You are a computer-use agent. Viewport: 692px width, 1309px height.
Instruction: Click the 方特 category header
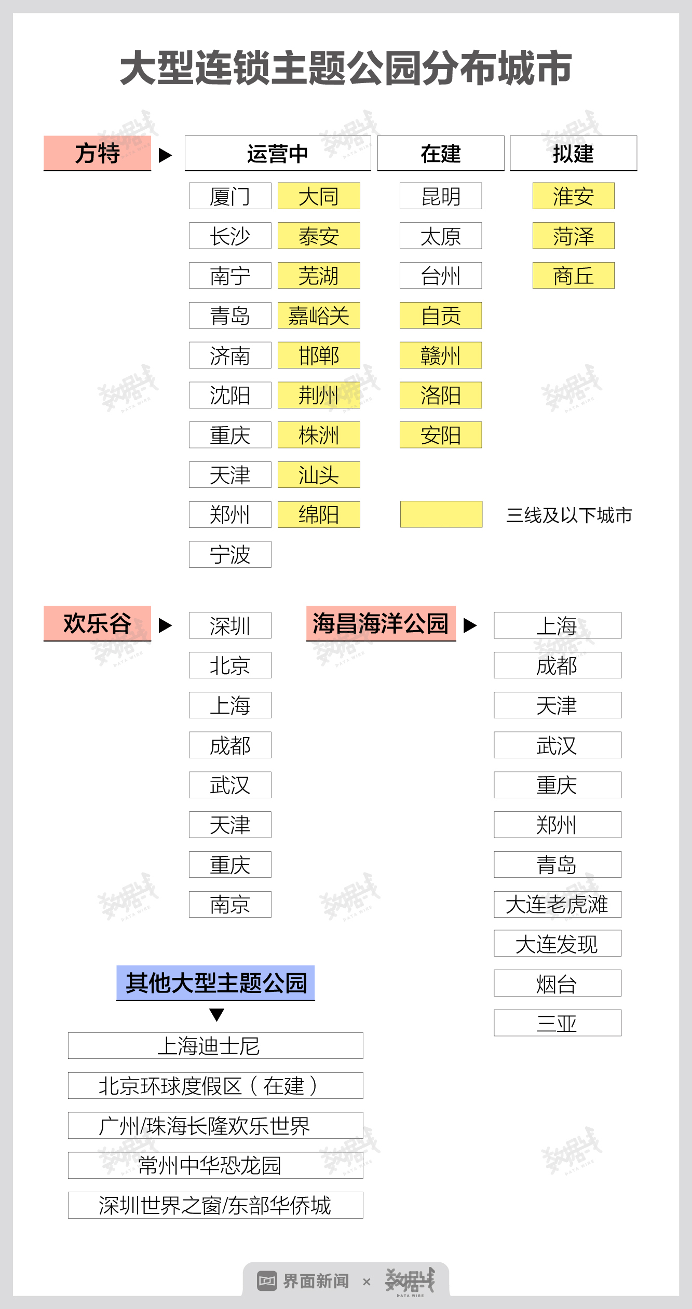click(x=97, y=153)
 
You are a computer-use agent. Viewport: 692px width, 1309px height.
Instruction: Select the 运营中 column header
click(x=278, y=153)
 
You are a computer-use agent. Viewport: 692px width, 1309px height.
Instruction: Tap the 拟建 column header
click(x=573, y=153)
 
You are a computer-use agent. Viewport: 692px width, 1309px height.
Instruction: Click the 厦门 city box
click(x=230, y=196)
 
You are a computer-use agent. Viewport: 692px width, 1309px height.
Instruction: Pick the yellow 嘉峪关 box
click(x=319, y=316)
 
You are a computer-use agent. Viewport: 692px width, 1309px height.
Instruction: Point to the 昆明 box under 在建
click(x=441, y=196)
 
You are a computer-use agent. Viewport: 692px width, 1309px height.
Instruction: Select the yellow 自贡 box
click(x=441, y=316)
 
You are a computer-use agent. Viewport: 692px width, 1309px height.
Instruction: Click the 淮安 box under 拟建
click(x=573, y=196)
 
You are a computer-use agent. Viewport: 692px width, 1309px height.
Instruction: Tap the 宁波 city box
click(x=230, y=554)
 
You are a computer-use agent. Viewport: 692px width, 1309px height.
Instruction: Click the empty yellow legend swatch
click(x=441, y=514)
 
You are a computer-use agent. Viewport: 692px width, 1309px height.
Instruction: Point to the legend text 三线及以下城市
click(x=569, y=515)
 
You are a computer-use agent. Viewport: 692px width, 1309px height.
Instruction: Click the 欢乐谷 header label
click(x=97, y=623)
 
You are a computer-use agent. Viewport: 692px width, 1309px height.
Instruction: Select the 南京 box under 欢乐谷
click(x=230, y=904)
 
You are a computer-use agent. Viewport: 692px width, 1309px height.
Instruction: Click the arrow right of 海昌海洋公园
click(x=470, y=625)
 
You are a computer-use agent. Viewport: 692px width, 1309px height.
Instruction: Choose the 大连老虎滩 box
click(x=558, y=904)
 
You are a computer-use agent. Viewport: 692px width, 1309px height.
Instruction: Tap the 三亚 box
click(x=558, y=1023)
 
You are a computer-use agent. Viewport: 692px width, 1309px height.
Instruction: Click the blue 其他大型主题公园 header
click(x=215, y=983)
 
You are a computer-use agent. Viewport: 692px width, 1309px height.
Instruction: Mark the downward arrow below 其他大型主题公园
click(x=216, y=1015)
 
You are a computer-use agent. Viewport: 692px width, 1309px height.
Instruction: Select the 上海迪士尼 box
click(x=215, y=1046)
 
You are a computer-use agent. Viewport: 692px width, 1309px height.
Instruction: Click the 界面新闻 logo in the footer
click(x=304, y=1281)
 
